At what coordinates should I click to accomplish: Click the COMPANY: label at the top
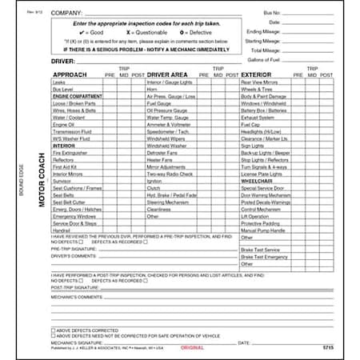[x=68, y=14]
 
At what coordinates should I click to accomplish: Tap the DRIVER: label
[x=64, y=61]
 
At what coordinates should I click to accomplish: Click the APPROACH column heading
[x=69, y=74]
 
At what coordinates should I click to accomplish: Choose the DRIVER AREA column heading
[x=168, y=74]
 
